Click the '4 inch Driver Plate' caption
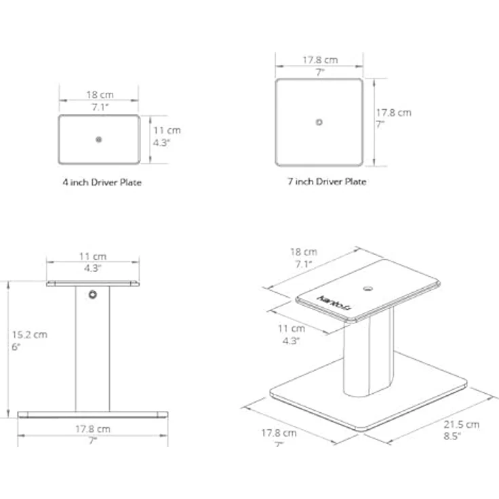[x=102, y=182]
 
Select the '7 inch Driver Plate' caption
[x=327, y=182]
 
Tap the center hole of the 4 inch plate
[x=99, y=140]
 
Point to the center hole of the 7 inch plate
[x=319, y=122]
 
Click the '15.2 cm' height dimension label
[x=30, y=334]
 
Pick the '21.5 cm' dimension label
[x=462, y=424]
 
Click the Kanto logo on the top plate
[x=334, y=303]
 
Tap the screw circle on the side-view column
[x=93, y=294]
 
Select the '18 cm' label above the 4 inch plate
[x=100, y=94]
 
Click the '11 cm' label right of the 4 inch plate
[x=167, y=130]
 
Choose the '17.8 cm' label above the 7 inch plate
[x=320, y=60]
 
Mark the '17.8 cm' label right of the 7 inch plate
[x=394, y=113]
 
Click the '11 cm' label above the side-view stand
[x=93, y=256]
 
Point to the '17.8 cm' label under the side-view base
[x=93, y=429]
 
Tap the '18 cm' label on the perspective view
[x=304, y=252]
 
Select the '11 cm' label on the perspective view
[x=291, y=328]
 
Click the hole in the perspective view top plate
[x=368, y=289]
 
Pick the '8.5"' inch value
[x=452, y=436]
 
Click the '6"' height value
[x=16, y=346]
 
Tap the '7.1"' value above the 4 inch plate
[x=100, y=107]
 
